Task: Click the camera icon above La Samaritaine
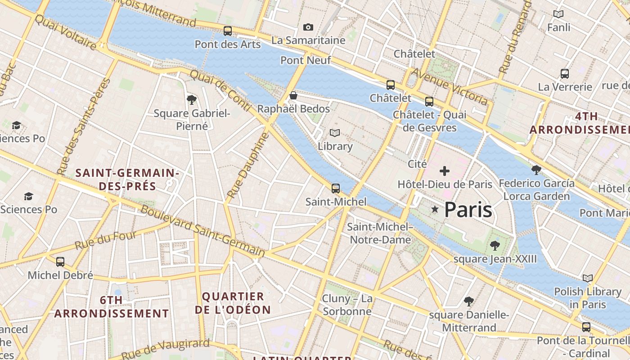pyautogui.click(x=308, y=27)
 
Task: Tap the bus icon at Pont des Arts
pyautogui.click(x=228, y=31)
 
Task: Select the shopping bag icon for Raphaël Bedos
pyautogui.click(x=293, y=95)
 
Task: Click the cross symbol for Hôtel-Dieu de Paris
pyautogui.click(x=445, y=171)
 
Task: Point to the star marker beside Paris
pyautogui.click(x=435, y=209)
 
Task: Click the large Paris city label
pyautogui.click(x=468, y=210)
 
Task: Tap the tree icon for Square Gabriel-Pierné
pyautogui.click(x=192, y=99)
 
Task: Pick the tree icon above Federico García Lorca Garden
pyautogui.click(x=536, y=170)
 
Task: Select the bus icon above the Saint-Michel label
pyautogui.click(x=336, y=188)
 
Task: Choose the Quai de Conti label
pyautogui.click(x=220, y=90)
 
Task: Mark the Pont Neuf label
pyautogui.click(x=306, y=60)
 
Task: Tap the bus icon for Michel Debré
pyautogui.click(x=60, y=261)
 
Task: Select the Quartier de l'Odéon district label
pyautogui.click(x=233, y=303)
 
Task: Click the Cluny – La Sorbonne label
pyautogui.click(x=347, y=305)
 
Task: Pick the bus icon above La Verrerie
pyautogui.click(x=565, y=73)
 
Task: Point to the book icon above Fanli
pyautogui.click(x=558, y=14)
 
